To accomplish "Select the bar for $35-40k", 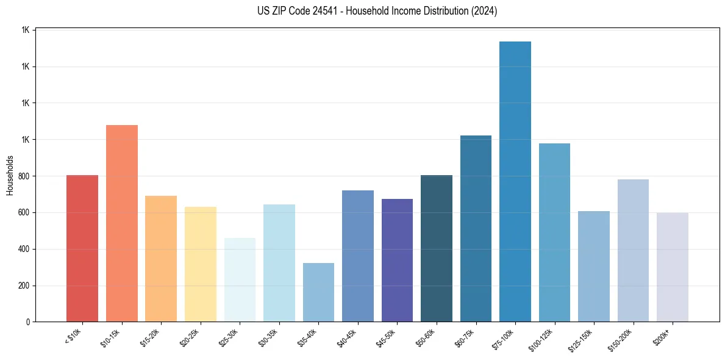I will [x=318, y=292].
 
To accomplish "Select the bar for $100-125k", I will [x=554, y=232].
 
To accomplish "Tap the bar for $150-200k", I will [x=633, y=251].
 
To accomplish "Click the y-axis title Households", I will [x=10, y=176].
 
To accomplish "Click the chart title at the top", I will [x=377, y=11].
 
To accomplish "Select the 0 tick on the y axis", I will [x=28, y=322].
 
